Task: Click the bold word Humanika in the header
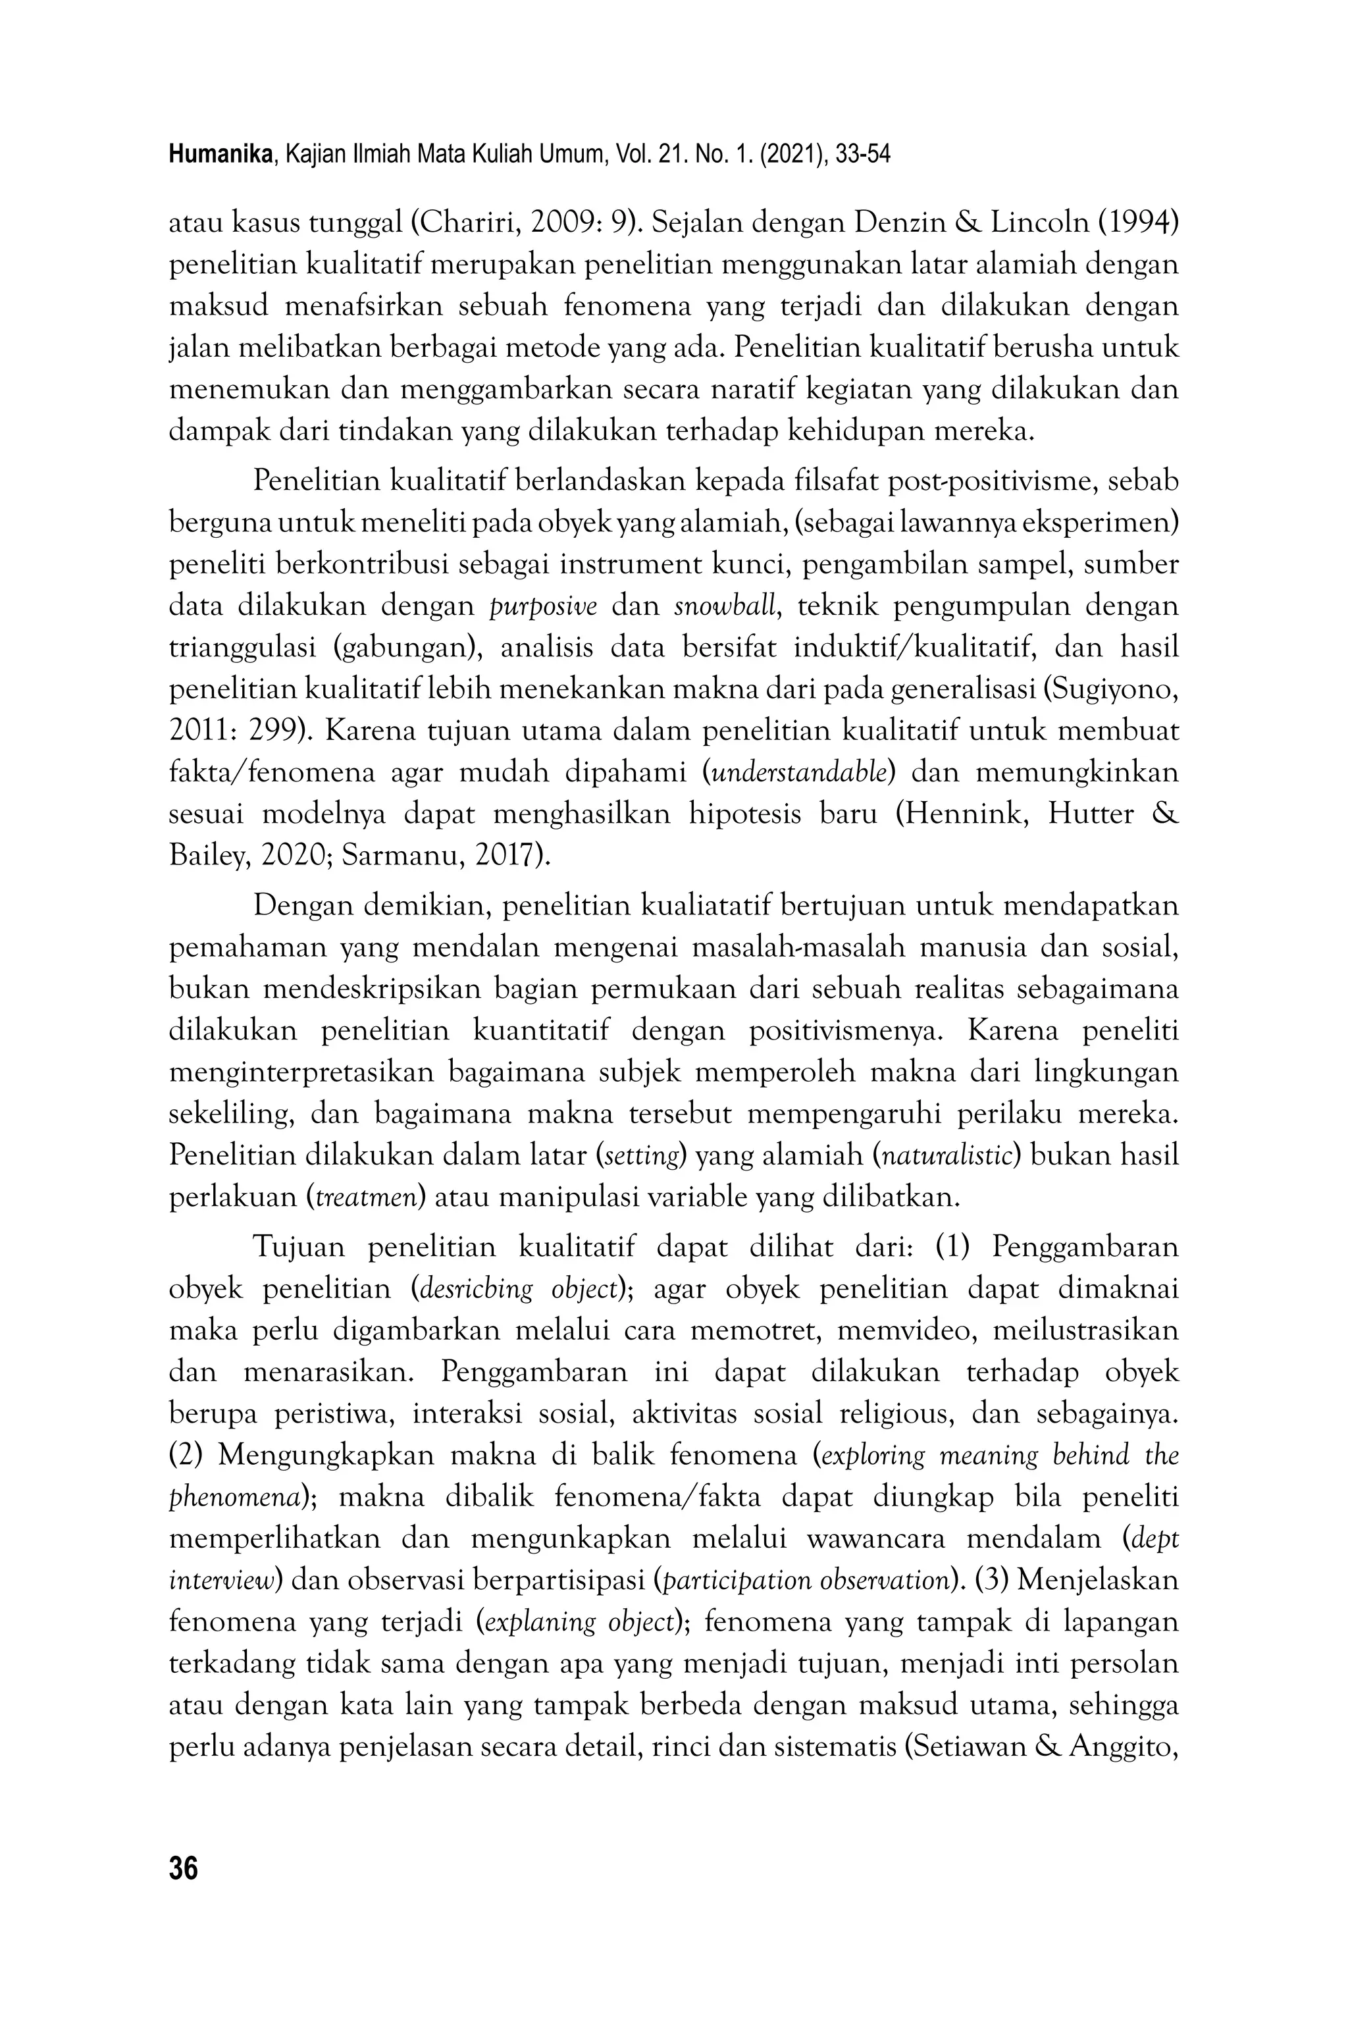coord(222,155)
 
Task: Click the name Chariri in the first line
coord(468,224)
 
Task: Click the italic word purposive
coord(542,607)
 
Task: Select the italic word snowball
coord(725,607)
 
